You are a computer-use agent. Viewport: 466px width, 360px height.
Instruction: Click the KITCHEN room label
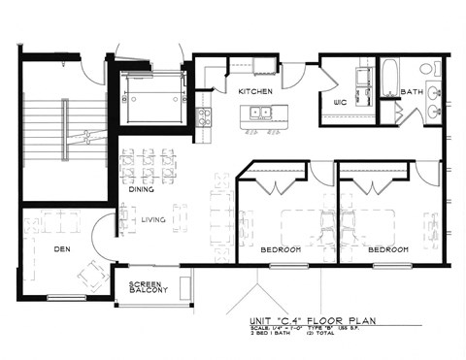coord(255,91)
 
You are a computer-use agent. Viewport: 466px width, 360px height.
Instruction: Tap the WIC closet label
coord(341,101)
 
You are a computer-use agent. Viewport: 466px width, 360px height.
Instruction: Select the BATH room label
coord(413,93)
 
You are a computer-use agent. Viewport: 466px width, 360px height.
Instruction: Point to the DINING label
coord(142,190)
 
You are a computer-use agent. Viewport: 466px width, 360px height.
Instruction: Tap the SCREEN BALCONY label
coord(150,287)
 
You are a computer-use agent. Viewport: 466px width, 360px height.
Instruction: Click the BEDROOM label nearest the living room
coord(281,250)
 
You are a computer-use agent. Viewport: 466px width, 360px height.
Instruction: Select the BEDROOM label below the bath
coord(388,250)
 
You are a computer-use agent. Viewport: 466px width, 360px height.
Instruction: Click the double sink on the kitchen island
coord(260,114)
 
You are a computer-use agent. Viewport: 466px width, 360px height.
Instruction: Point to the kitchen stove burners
coord(205,117)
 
